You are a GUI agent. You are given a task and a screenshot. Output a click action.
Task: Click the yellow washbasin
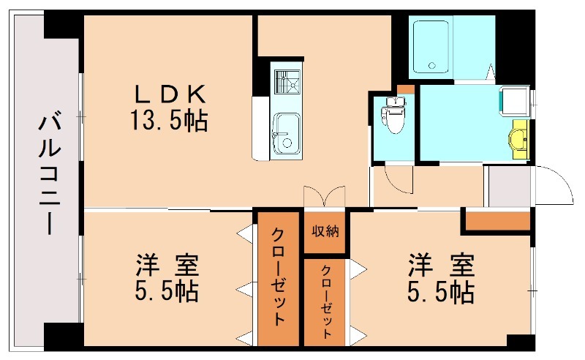coord(518,138)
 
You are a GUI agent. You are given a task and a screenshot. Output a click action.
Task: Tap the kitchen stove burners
coord(286,84)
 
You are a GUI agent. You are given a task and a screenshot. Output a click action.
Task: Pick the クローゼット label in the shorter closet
coord(325,301)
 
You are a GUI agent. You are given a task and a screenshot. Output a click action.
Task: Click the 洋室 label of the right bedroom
coord(440,263)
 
